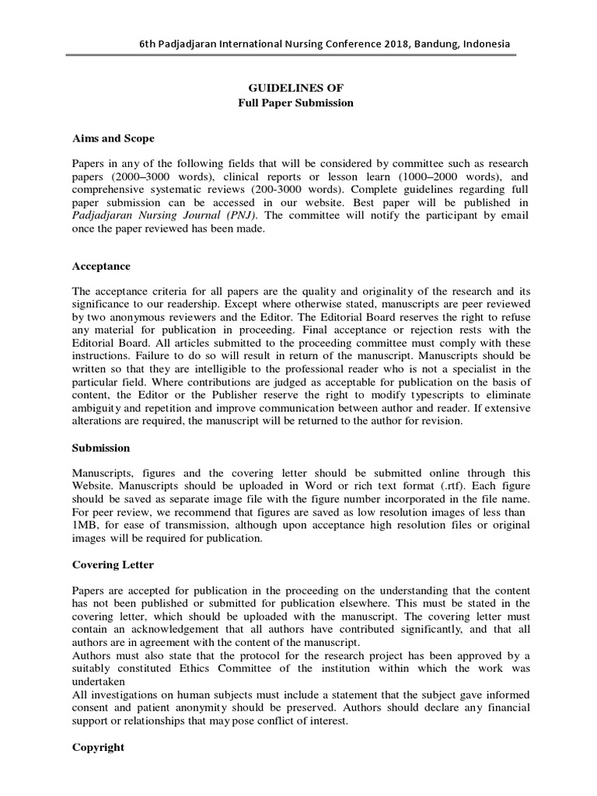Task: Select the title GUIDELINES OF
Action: click(x=295, y=89)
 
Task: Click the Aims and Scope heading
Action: click(x=113, y=138)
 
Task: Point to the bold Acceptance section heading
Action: click(x=101, y=265)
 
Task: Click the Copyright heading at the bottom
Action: click(x=98, y=747)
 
